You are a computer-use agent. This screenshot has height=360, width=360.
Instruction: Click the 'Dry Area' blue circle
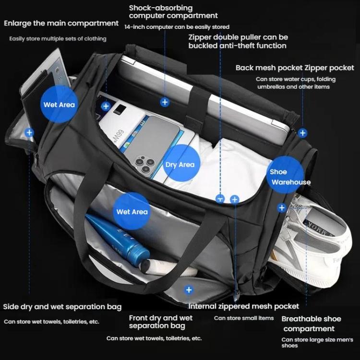pyautogui.click(x=180, y=165)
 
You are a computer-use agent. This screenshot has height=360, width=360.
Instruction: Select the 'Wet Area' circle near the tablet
pyautogui.click(x=59, y=105)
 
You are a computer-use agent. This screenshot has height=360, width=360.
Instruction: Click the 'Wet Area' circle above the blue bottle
pyautogui.click(x=132, y=212)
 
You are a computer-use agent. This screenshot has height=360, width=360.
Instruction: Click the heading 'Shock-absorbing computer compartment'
pyautogui.click(x=173, y=12)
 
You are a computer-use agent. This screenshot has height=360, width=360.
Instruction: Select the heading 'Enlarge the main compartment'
pyautogui.click(x=61, y=23)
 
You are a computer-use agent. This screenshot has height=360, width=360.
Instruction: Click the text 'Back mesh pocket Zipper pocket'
pyautogui.click(x=295, y=68)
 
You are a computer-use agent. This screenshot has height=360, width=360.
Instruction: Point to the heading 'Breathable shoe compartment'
pyautogui.click(x=311, y=324)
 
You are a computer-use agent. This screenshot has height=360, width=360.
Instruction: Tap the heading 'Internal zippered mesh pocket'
pyautogui.click(x=243, y=306)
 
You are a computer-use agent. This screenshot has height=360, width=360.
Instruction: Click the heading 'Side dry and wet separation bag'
pyautogui.click(x=62, y=307)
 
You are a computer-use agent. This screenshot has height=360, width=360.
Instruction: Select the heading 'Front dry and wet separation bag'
pyautogui.click(x=160, y=322)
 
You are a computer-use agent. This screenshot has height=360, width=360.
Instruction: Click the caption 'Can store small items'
pyautogui.click(x=243, y=318)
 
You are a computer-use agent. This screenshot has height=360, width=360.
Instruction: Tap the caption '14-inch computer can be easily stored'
pyautogui.click(x=177, y=27)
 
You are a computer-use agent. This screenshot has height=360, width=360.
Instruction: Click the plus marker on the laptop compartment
pyautogui.click(x=165, y=102)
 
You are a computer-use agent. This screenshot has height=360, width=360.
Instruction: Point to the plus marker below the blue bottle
pyautogui.click(x=189, y=290)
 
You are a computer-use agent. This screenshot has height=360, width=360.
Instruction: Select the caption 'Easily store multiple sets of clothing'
pyautogui.click(x=58, y=38)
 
